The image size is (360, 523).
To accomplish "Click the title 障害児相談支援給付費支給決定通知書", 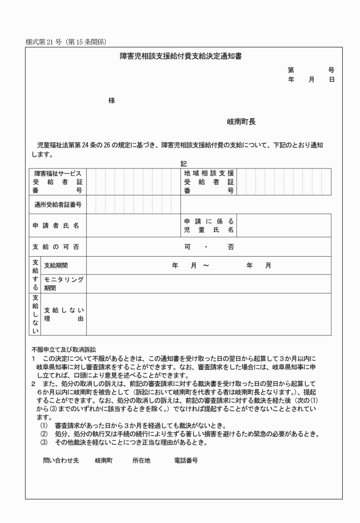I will click(x=181, y=56).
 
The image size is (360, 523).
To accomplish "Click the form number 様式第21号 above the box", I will click(x=67, y=42).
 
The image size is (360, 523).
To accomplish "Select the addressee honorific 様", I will click(x=111, y=101).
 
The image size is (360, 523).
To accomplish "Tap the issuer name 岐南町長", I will click(x=241, y=122).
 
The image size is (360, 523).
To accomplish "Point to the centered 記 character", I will click(x=183, y=163).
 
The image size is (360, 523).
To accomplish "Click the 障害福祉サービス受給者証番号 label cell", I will click(x=58, y=182).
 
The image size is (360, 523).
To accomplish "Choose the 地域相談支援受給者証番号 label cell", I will click(x=209, y=182).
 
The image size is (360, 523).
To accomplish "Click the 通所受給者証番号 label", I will click(x=58, y=204).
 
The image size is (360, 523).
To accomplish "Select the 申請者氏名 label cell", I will click(x=55, y=225).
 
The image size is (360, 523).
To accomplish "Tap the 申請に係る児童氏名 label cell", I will click(x=209, y=225).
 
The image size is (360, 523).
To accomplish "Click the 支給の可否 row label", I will click(x=55, y=247).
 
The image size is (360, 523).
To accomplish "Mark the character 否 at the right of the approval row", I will click(x=230, y=247).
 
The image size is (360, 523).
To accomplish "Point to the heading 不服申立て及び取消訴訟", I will click(x=64, y=348).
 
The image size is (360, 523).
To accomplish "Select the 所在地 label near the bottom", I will click(x=141, y=460).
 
